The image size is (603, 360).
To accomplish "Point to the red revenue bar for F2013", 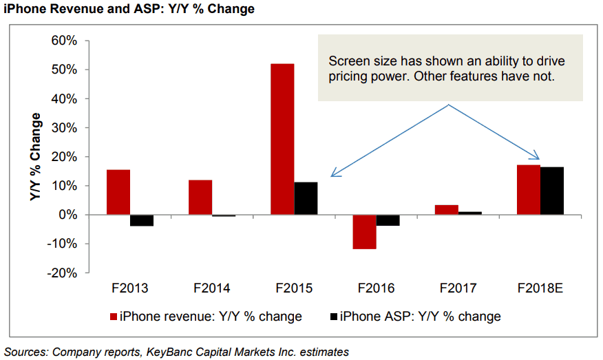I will pyautogui.click(x=118, y=192).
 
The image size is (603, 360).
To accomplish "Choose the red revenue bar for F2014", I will pyautogui.click(x=200, y=198).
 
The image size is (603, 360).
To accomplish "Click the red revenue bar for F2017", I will pyautogui.click(x=446, y=210).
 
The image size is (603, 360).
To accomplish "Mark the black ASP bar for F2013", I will pyautogui.click(x=142, y=220).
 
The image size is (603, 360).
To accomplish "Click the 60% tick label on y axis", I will pyautogui.click(x=63, y=41).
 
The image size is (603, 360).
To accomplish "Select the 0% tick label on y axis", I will pyautogui.click(x=66, y=215).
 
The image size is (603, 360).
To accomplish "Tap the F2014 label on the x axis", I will pyautogui.click(x=212, y=288).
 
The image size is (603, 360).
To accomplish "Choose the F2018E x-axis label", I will pyautogui.click(x=540, y=288).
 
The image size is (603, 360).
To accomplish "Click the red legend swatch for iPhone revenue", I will pyautogui.click(x=114, y=317).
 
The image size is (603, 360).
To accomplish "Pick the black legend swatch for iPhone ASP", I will pyautogui.click(x=334, y=317).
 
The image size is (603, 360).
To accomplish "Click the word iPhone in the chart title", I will pyautogui.click(x=24, y=9).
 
